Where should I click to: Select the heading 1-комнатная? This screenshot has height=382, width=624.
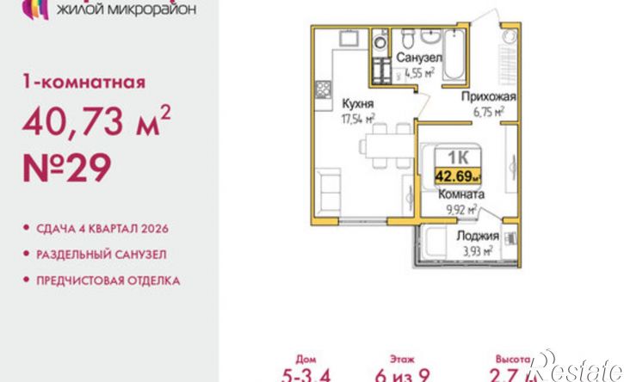[82, 83]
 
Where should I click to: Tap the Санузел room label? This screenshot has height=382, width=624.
[419, 59]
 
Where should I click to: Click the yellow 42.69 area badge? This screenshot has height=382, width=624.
[459, 177]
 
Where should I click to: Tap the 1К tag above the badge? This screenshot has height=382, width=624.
[457, 157]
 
